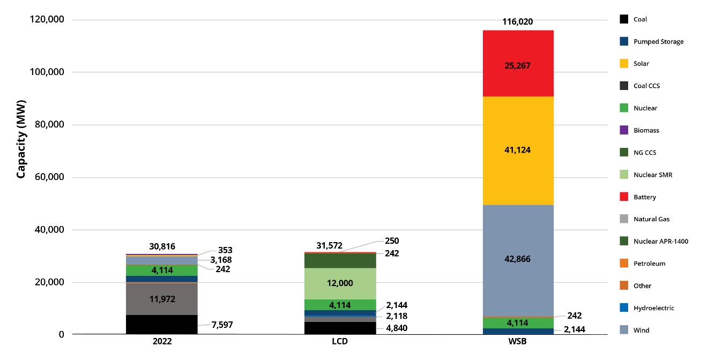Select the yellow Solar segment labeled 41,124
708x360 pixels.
(x=517, y=151)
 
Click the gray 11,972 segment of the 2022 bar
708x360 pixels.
(x=161, y=299)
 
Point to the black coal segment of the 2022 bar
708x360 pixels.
(x=161, y=325)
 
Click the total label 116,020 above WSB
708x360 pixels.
(x=517, y=22)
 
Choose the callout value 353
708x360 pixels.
(x=225, y=250)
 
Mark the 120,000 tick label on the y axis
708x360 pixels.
(x=45, y=20)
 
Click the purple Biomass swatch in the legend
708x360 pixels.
(x=623, y=130)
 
